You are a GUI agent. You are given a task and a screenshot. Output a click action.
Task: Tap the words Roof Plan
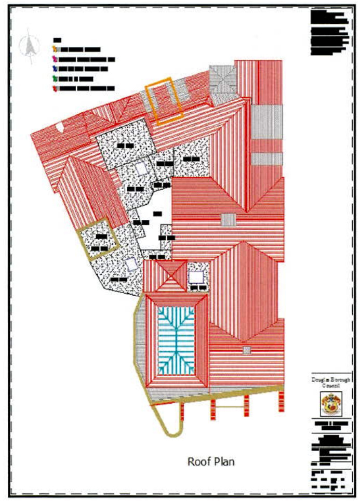212,460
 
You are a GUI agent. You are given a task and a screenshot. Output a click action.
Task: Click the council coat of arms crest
331,403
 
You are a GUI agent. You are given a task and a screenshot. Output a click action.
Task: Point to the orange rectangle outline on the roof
164,100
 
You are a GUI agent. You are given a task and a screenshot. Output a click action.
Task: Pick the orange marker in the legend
55,49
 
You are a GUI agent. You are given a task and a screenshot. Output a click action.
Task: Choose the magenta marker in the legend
55,59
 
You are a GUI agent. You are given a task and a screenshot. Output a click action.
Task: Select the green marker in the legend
55,79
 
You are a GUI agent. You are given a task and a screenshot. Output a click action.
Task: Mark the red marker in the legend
55,89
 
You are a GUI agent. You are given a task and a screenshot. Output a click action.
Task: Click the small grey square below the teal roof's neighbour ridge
247,350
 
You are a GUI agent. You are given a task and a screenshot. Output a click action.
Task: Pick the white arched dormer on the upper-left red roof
60,126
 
